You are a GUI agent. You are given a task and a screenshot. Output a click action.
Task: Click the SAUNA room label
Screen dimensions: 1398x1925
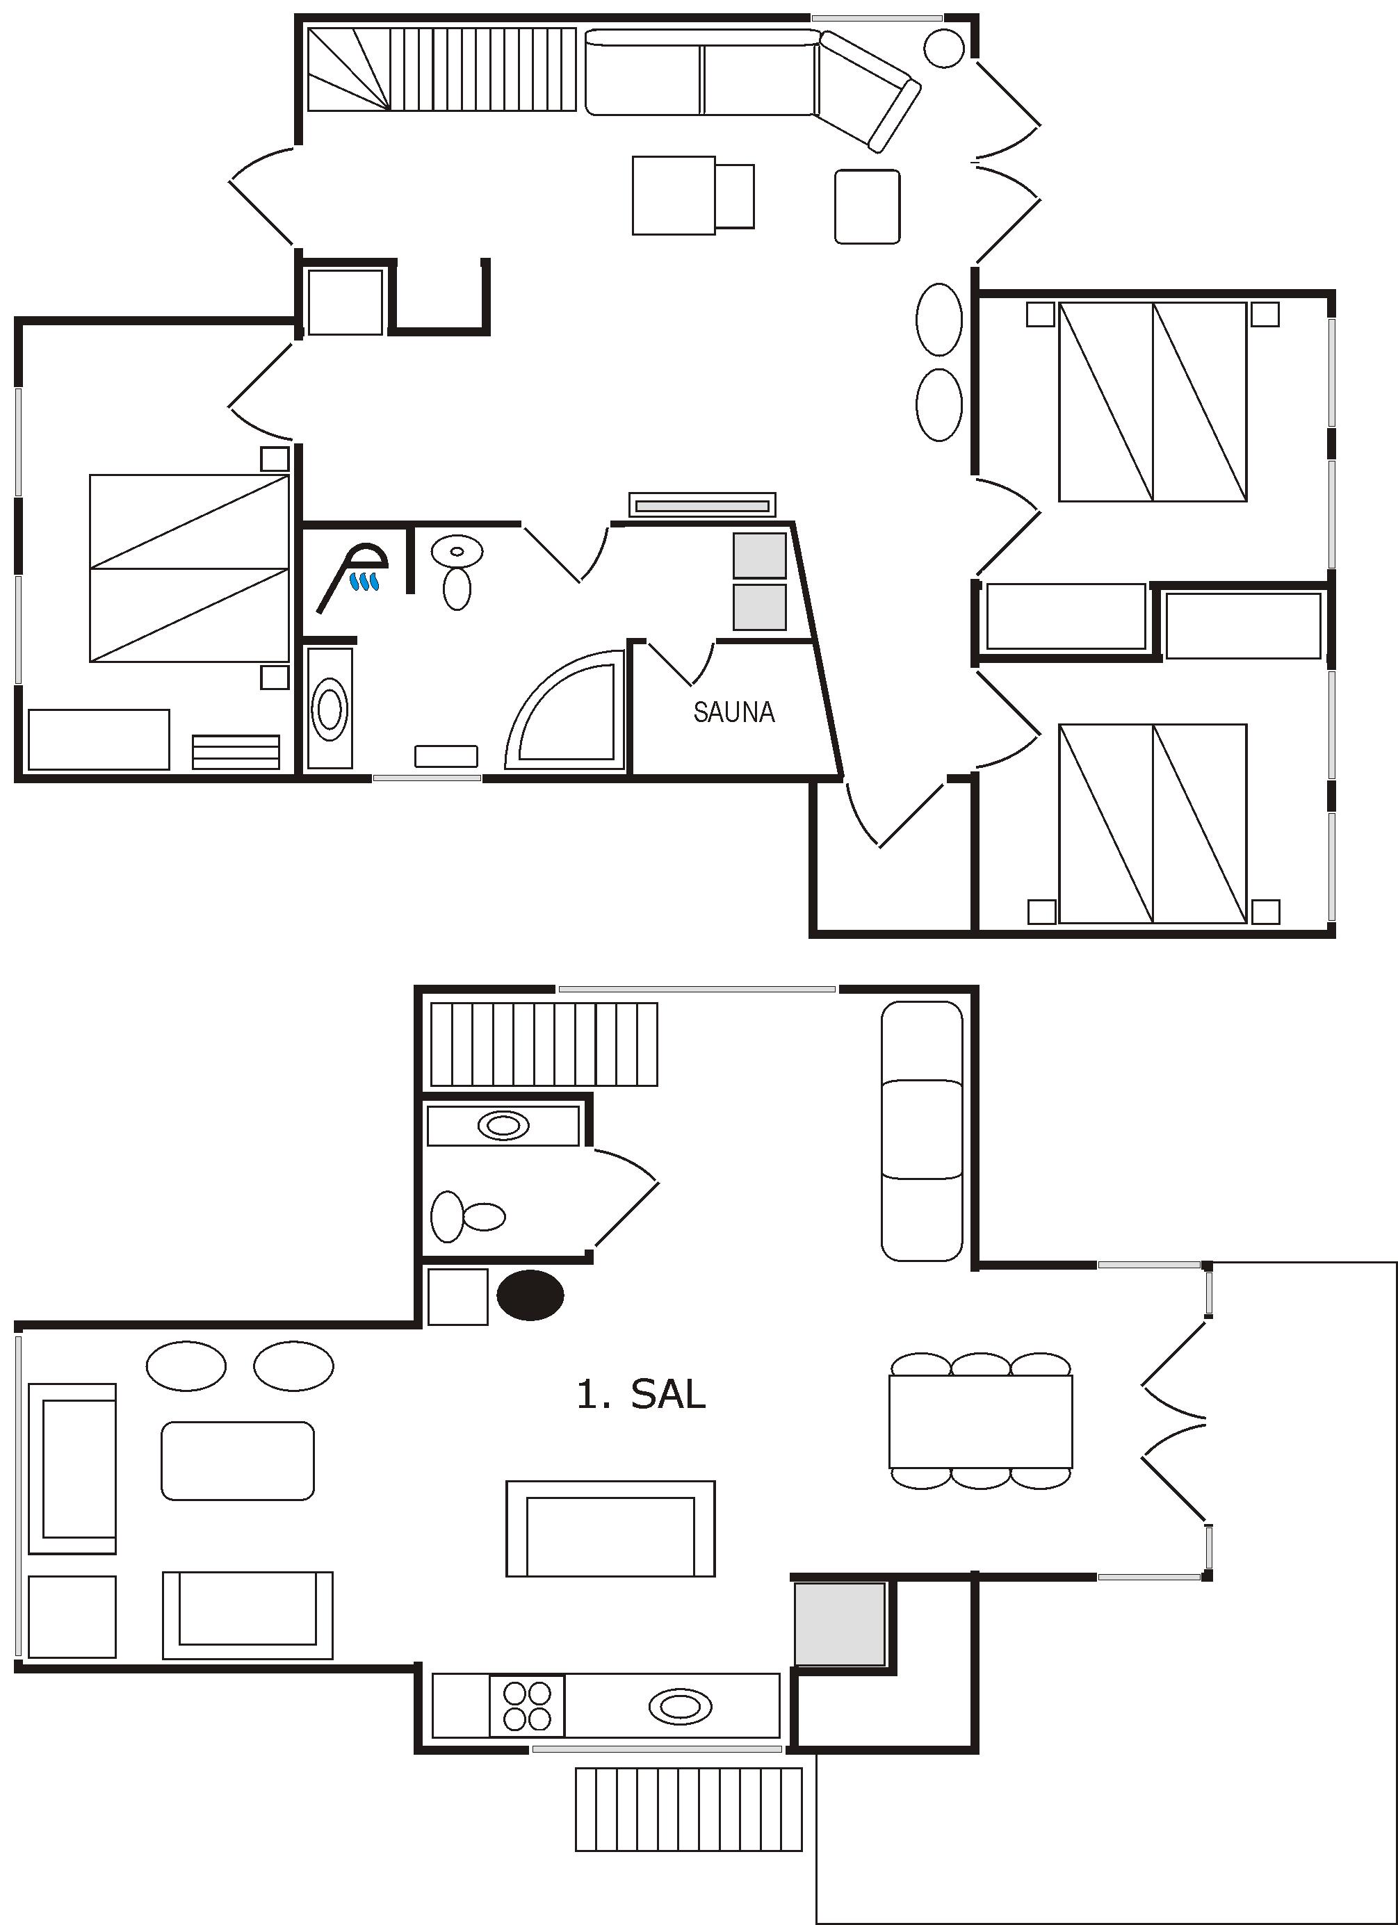coord(734,712)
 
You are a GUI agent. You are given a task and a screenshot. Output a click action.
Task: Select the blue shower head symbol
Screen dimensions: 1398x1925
coord(365,582)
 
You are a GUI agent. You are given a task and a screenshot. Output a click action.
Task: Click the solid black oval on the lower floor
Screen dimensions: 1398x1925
coord(530,1295)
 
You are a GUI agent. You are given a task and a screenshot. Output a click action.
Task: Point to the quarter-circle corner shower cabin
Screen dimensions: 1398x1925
coord(564,710)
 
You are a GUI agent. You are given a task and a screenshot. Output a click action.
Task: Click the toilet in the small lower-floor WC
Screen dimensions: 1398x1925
coord(468,1216)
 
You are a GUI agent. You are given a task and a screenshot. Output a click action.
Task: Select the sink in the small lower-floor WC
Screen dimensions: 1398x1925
coord(503,1125)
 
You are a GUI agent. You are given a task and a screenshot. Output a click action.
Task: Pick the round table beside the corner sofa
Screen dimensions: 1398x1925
coord(943,49)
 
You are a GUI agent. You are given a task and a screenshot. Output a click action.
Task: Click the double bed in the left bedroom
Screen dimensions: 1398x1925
coord(189,568)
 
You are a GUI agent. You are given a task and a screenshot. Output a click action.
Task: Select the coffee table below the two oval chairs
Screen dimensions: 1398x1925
coord(238,1460)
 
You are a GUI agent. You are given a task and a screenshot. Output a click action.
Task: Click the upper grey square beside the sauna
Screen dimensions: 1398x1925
coord(760,556)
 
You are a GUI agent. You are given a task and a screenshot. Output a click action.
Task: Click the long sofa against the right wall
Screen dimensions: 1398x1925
coord(922,1131)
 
